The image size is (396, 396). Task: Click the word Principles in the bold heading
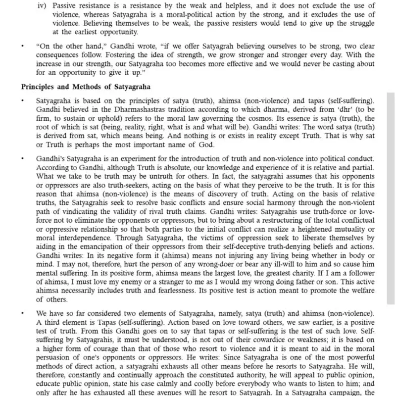38,86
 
